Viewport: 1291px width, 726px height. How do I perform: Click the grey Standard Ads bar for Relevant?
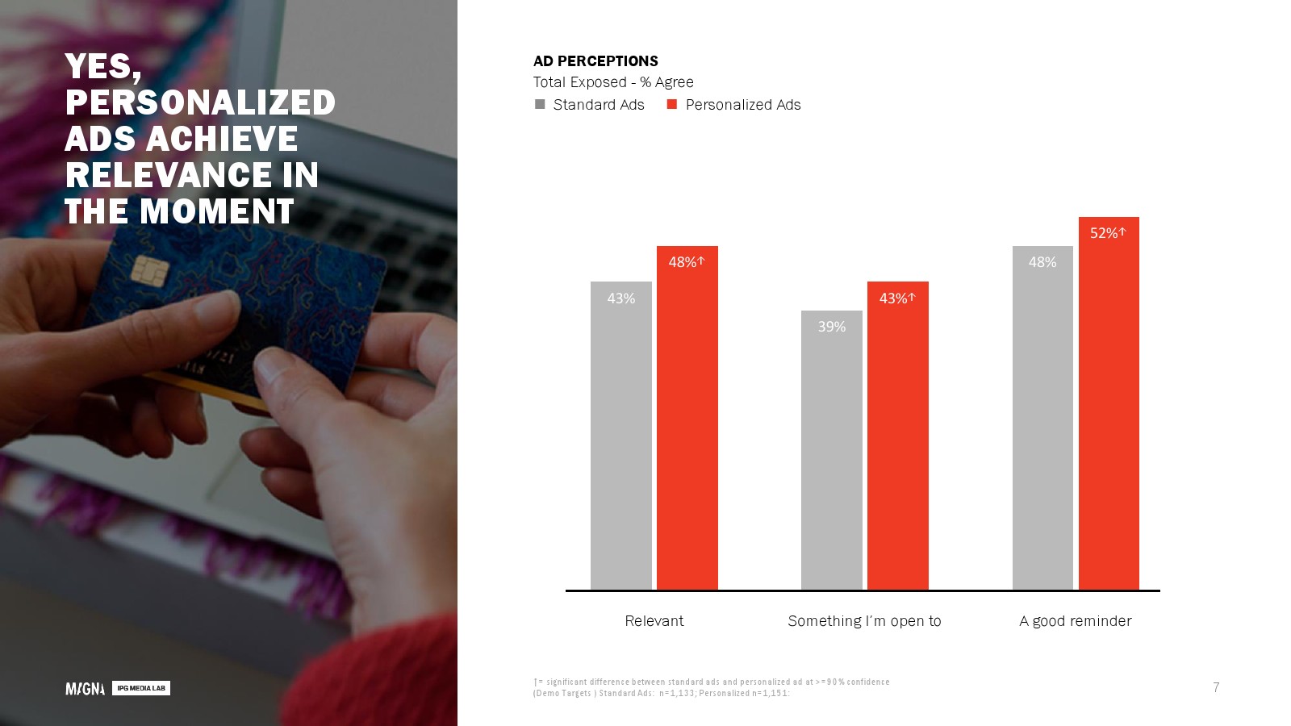620,436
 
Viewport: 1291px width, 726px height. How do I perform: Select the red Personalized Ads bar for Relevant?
687,418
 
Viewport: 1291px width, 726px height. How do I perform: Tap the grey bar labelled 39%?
832,450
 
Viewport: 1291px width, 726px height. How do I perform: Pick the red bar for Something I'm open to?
898,436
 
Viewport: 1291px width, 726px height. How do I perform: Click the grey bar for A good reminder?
1042,418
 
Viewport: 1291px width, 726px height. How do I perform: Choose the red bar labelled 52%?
1109,403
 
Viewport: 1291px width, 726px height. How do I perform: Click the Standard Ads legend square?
540,104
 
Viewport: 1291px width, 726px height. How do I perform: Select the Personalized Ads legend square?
672,104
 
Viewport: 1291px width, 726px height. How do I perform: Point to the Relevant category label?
654,620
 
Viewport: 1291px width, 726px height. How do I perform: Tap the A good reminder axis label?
1076,621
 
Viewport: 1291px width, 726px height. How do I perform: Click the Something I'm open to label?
864,621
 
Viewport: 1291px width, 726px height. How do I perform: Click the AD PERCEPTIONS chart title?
595,61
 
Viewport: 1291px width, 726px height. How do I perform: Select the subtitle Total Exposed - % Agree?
613,82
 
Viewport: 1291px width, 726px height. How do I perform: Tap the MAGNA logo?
86,689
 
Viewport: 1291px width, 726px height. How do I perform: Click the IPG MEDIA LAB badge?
141,688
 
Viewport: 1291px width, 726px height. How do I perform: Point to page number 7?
1216,687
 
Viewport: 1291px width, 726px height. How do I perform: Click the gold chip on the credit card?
150,270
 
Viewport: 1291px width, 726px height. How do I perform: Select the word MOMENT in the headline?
217,211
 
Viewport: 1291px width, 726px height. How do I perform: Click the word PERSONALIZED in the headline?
200,102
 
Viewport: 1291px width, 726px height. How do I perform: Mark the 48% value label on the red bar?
683,262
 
